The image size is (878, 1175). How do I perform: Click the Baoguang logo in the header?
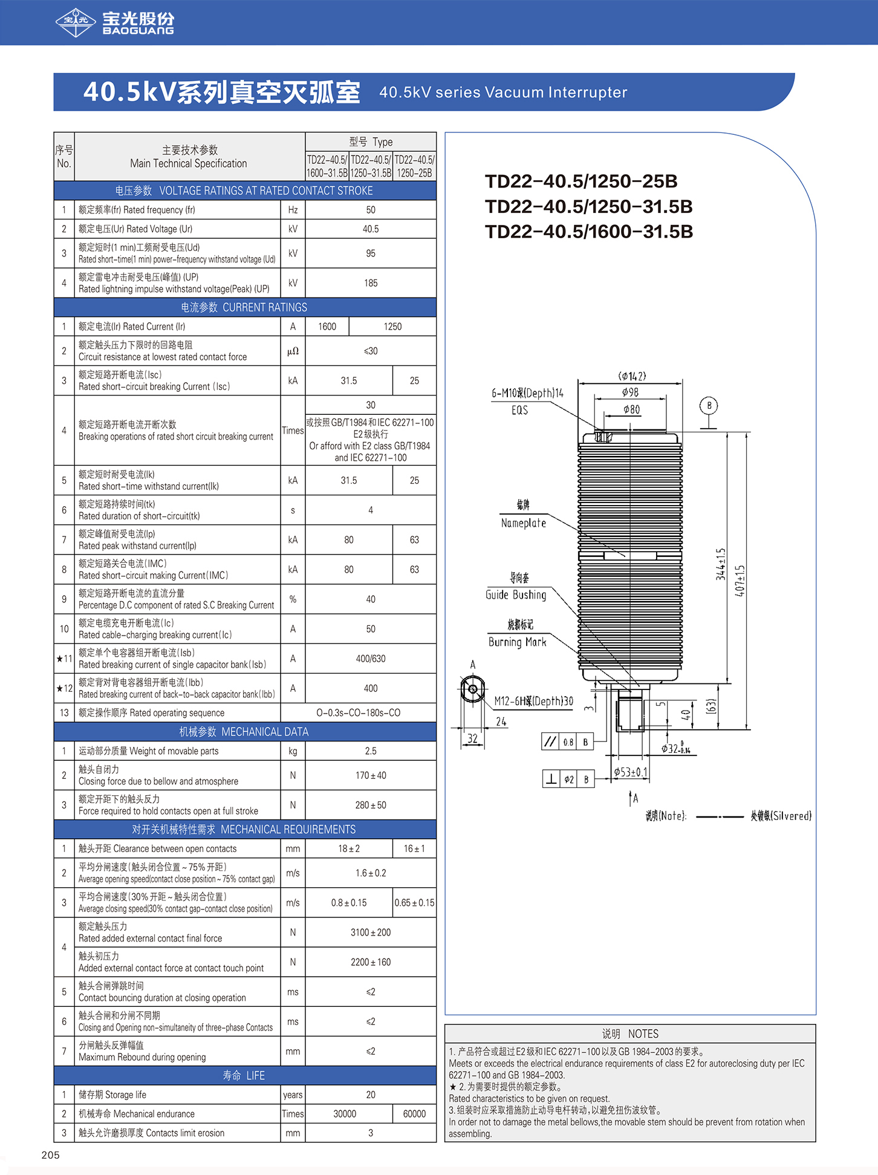tap(115, 22)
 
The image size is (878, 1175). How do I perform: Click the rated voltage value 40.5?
tap(371, 229)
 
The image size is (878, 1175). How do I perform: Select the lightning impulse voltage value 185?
tap(371, 283)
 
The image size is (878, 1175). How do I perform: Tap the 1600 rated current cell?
tap(327, 327)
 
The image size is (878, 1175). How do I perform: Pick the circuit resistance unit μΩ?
tap(293, 351)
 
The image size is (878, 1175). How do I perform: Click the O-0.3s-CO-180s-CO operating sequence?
tap(358, 713)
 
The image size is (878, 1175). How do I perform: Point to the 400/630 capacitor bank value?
tap(371, 659)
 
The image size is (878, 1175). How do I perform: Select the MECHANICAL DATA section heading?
tap(244, 732)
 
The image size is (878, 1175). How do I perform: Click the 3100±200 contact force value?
tap(371, 933)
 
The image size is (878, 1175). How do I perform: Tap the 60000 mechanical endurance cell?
tap(414, 1114)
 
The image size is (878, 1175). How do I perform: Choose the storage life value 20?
tap(371, 1095)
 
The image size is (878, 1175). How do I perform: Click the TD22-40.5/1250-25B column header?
tap(414, 166)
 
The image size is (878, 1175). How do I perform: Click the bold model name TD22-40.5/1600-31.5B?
tap(588, 232)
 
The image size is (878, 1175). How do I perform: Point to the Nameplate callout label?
tap(524, 523)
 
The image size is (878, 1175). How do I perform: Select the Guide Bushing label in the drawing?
tap(516, 595)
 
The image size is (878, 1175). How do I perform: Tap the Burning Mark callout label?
tap(517, 642)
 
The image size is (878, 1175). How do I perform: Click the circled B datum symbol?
tap(709, 406)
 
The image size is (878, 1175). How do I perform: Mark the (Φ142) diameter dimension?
tap(632, 376)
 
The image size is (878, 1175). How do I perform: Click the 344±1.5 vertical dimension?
tap(721, 564)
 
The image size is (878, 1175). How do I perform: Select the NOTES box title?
tap(630, 1034)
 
